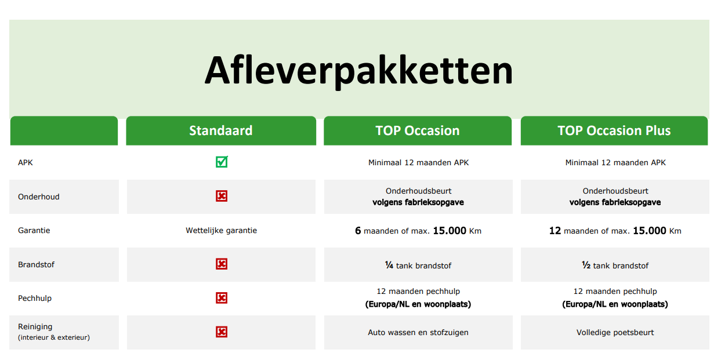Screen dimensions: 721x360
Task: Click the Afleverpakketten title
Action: (x=358, y=71)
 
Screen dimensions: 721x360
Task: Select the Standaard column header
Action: (x=221, y=130)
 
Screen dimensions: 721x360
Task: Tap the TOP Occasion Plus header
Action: (x=614, y=130)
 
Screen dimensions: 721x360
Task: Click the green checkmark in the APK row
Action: (x=222, y=162)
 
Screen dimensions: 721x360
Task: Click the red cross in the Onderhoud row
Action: (x=222, y=196)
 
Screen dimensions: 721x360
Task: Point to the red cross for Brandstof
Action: (x=222, y=264)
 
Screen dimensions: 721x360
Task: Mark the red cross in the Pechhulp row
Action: (x=222, y=298)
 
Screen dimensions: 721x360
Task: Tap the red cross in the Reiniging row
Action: (x=222, y=332)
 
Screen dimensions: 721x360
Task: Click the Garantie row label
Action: (x=34, y=230)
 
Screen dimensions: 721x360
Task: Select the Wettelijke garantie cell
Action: (x=221, y=230)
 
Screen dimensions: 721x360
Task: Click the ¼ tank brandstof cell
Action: (x=418, y=266)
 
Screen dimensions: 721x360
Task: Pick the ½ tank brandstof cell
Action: (x=615, y=266)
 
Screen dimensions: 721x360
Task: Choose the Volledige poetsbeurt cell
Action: (x=615, y=332)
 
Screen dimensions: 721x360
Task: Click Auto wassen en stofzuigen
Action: (x=418, y=332)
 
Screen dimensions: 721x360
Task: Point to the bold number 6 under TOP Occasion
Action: (x=358, y=231)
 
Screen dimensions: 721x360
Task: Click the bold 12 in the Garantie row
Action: (x=555, y=231)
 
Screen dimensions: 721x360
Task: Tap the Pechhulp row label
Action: (x=35, y=298)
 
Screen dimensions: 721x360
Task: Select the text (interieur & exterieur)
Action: (x=54, y=337)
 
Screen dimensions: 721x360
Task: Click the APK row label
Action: (x=26, y=162)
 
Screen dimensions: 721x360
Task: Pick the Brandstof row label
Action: (x=36, y=264)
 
